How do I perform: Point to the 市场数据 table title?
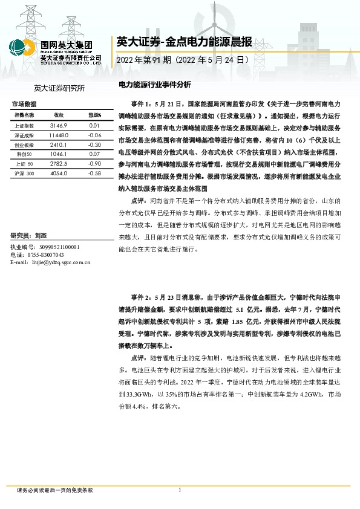pos(24,105)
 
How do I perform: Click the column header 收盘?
pos(59,115)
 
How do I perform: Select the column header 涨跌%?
pos(94,115)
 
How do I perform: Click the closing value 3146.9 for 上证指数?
pos(59,125)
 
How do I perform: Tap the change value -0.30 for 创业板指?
pos(94,145)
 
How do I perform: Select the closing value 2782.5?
pos(59,164)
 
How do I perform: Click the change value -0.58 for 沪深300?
pos(94,173)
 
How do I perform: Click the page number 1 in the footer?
pos(180,490)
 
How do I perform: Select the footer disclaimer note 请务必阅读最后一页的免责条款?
pos(55,490)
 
